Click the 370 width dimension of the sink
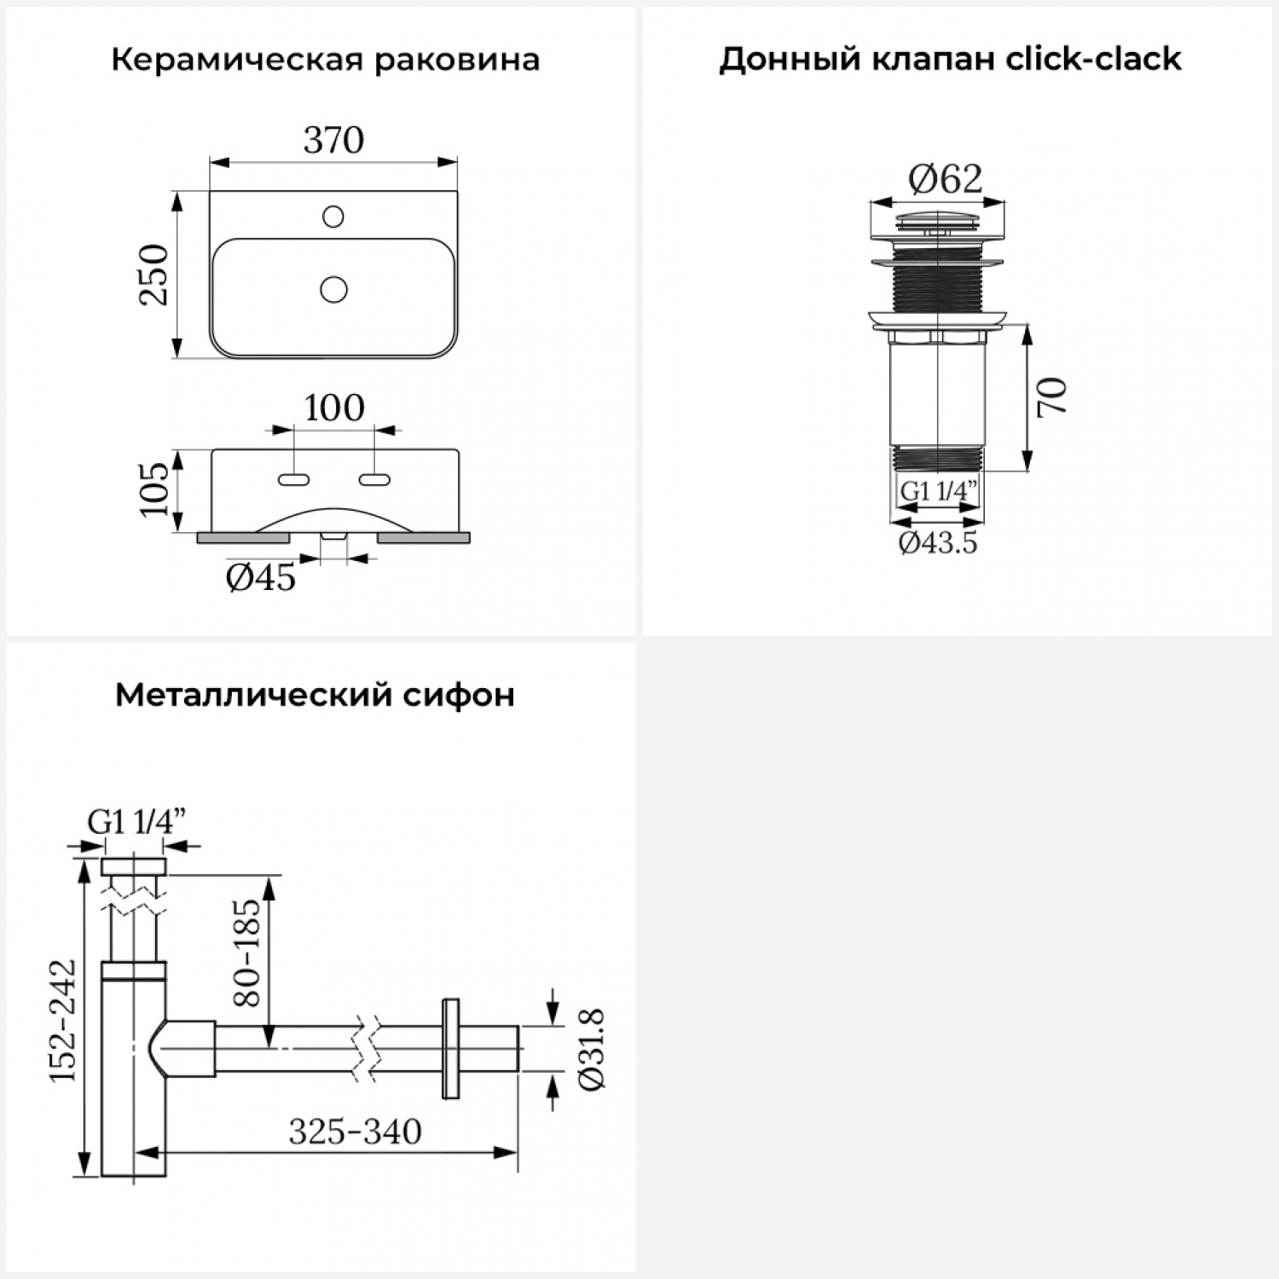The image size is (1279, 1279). point(333,140)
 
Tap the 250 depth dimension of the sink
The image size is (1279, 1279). point(154,275)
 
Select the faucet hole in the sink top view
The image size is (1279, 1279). point(333,217)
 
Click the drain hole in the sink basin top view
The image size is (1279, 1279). point(333,290)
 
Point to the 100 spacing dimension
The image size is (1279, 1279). point(333,408)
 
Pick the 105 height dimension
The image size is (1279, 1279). point(154,489)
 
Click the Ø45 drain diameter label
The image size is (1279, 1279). point(261,577)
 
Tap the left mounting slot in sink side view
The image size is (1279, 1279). point(293,480)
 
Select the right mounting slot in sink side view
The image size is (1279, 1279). point(374,480)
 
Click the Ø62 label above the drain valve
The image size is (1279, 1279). point(945,179)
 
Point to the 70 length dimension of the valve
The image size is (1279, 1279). point(1053,396)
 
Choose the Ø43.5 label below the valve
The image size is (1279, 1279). point(938,542)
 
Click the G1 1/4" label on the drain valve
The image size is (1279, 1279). point(938,491)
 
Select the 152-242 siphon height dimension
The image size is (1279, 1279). point(63,1020)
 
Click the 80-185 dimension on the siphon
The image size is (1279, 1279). point(246,952)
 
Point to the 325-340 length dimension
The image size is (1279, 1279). point(355,1131)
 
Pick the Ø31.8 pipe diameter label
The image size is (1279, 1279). point(591,1048)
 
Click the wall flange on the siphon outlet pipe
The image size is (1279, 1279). point(450,1048)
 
